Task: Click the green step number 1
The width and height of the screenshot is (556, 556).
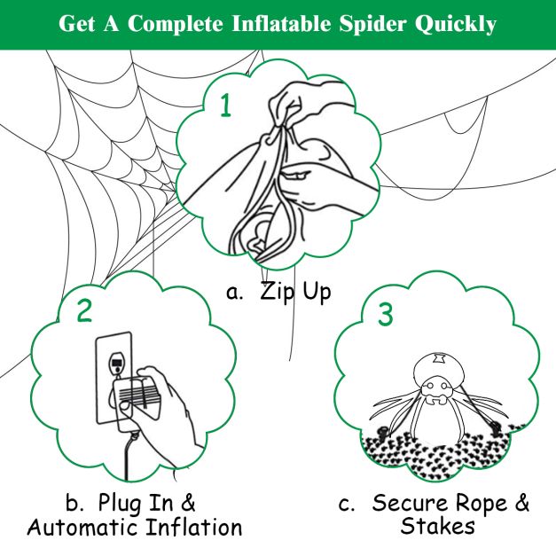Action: [x=225, y=106]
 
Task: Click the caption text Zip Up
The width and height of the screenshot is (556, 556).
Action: [x=295, y=293]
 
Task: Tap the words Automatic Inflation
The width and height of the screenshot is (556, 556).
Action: [x=135, y=529]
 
